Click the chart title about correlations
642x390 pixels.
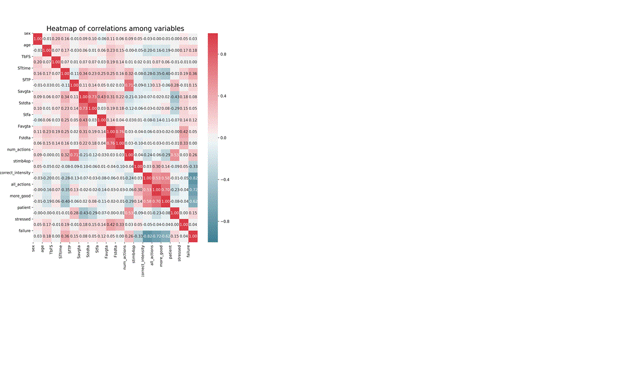click(x=115, y=28)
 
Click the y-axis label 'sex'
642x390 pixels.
click(x=27, y=33)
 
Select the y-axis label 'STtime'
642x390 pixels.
click(x=23, y=68)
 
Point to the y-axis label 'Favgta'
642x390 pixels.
click(x=23, y=125)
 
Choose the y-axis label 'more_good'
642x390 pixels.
click(x=20, y=195)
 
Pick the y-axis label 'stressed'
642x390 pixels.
click(x=22, y=218)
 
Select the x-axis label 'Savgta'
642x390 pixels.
click(x=79, y=253)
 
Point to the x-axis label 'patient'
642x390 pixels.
click(x=170, y=253)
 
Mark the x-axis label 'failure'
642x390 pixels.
click(x=189, y=253)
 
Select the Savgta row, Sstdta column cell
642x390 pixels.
click(x=93, y=97)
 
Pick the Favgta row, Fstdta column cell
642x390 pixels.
click(x=120, y=132)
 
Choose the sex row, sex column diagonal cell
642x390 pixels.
click(x=38, y=39)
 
